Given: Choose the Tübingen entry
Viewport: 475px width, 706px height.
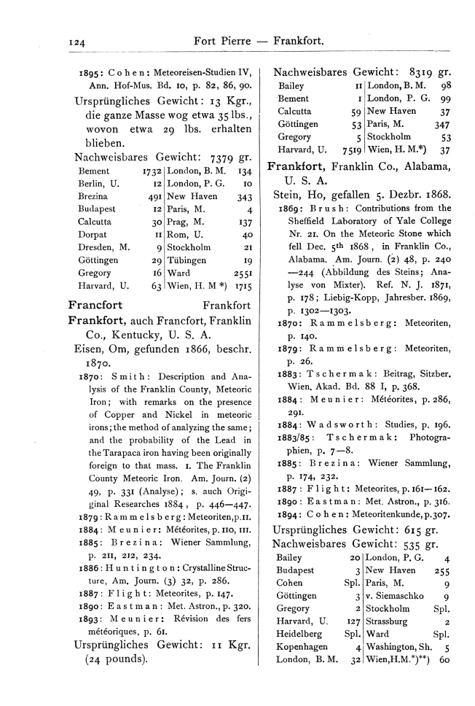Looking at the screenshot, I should (x=187, y=260).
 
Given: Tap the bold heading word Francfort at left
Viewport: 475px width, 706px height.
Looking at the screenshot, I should (x=95, y=305).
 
